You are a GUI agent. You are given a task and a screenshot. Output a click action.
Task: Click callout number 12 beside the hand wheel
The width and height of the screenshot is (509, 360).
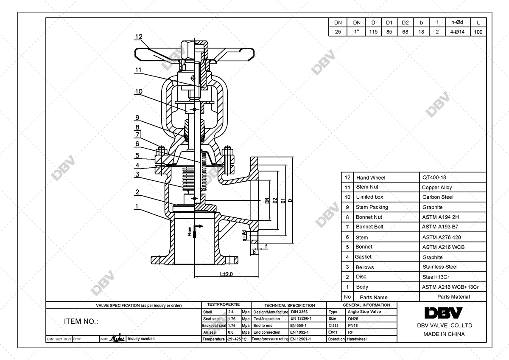(138, 37)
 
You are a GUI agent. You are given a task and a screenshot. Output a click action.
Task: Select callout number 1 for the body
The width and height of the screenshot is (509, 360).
(137, 206)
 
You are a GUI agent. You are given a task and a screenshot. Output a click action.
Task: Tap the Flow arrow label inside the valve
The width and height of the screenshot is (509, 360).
(190, 231)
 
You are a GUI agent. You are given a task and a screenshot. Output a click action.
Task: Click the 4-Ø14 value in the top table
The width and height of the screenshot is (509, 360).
(454, 32)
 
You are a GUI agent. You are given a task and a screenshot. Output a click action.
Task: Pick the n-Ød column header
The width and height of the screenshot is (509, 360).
(454, 22)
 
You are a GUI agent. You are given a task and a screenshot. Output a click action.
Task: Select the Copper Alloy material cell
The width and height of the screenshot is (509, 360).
(436, 187)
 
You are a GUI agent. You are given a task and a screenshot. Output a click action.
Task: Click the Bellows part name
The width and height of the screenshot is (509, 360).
(365, 267)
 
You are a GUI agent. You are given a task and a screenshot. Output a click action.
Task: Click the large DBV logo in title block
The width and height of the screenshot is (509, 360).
(444, 313)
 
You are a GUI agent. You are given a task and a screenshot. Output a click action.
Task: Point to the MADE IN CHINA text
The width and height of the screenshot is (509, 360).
(444, 334)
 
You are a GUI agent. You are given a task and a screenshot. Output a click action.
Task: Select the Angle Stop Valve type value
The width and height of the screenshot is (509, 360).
(364, 312)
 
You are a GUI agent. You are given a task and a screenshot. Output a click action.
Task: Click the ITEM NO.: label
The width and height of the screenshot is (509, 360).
(81, 321)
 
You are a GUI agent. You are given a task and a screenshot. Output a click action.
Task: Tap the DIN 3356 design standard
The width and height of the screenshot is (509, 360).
(299, 312)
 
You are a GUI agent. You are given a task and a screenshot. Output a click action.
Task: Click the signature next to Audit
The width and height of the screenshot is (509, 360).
(117, 338)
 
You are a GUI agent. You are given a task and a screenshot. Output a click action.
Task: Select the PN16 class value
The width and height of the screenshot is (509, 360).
(352, 325)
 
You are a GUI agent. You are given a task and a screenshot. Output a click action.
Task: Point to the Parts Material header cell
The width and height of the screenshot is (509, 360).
(453, 297)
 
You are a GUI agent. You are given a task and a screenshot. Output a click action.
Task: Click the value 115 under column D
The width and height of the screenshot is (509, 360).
(373, 32)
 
